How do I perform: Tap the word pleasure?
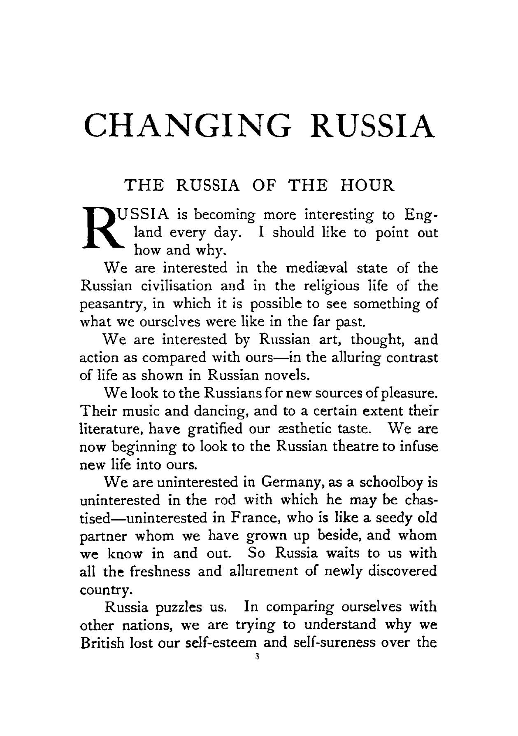[x=406, y=394]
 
